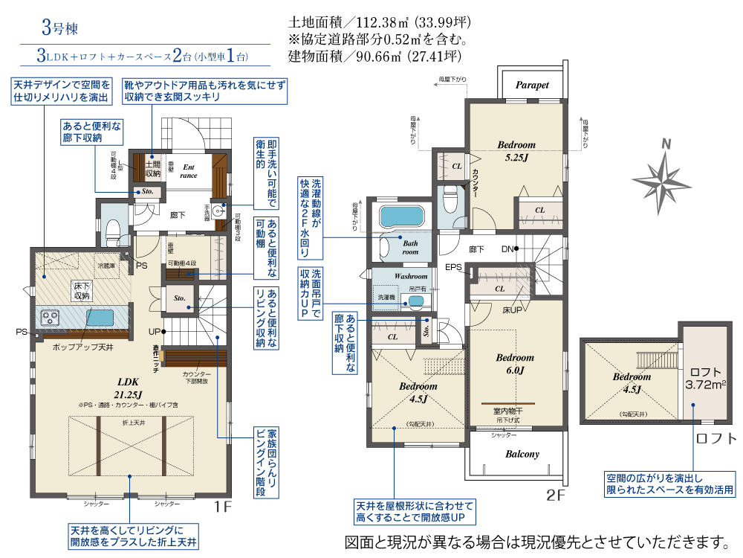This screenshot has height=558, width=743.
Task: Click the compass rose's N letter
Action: click(x=666, y=144)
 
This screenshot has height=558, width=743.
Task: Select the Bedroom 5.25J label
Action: click(x=516, y=151)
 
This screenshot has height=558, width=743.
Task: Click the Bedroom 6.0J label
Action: click(x=515, y=363)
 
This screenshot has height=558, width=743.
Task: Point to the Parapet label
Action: click(x=532, y=85)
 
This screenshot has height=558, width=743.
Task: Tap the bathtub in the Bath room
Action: click(x=401, y=217)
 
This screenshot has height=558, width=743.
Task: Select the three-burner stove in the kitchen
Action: click(x=51, y=317)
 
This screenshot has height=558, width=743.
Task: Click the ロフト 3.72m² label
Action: click(x=704, y=378)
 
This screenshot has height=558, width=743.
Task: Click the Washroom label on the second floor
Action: click(x=410, y=275)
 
